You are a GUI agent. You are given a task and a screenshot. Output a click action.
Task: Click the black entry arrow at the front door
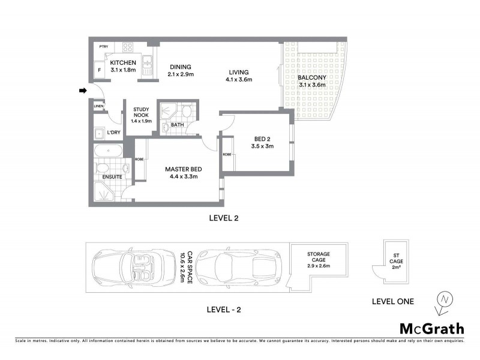(x=83, y=91)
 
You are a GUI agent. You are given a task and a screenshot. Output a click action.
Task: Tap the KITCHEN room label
(x=124, y=62)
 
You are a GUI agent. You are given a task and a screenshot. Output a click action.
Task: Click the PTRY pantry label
(x=104, y=46)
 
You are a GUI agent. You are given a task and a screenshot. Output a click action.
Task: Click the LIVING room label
(x=239, y=72)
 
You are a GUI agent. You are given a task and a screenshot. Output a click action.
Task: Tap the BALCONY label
(x=312, y=77)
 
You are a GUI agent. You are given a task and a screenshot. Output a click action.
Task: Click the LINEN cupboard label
(x=99, y=106)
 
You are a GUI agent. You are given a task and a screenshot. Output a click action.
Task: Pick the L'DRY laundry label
(x=113, y=133)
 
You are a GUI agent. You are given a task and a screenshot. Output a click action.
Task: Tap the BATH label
(x=177, y=125)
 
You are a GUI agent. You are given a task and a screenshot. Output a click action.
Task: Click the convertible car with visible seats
(x=128, y=268)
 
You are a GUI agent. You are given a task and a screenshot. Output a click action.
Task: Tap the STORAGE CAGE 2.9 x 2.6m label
(x=319, y=260)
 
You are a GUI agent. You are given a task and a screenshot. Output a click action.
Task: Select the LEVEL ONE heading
(x=392, y=301)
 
